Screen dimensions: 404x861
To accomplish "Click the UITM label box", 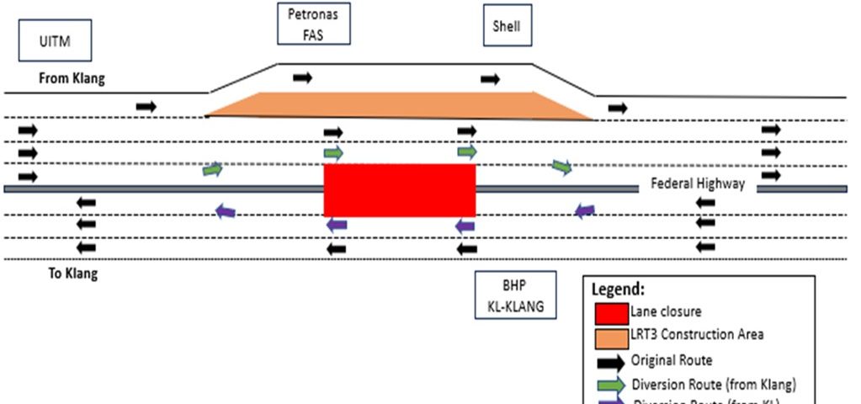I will [55, 42].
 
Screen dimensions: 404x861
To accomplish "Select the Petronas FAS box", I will [313, 24].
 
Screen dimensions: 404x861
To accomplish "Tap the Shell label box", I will [507, 26].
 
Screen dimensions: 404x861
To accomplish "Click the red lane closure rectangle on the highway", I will [400, 189].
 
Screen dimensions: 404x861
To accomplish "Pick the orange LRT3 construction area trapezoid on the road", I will [400, 105].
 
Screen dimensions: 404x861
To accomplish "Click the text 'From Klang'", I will [72, 78].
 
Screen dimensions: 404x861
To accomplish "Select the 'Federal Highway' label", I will [698, 183].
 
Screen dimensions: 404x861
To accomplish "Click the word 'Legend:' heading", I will [619, 289].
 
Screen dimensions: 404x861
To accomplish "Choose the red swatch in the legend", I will [611, 313].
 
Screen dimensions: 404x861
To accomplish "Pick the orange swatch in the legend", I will [611, 338].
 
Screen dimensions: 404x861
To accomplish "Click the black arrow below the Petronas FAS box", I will [302, 78].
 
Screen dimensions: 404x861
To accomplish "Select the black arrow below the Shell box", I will [490, 79].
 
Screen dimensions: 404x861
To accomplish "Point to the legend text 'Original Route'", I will [672, 360].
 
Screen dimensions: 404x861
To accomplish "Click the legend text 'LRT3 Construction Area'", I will [697, 335].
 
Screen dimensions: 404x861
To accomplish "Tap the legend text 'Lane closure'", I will [666, 311].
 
